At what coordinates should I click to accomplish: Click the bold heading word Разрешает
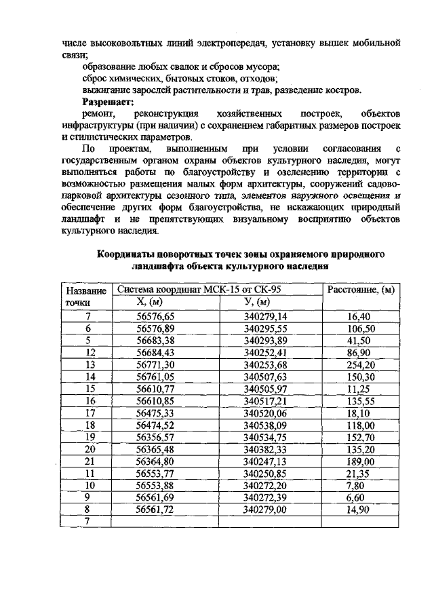(108, 100)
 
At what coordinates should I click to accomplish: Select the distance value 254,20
(359, 364)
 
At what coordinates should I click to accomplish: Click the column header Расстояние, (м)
(360, 290)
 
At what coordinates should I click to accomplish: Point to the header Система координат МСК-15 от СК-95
(199, 289)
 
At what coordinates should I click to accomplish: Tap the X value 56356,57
(155, 437)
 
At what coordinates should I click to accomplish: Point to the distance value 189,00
(359, 461)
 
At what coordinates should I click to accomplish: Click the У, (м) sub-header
(258, 301)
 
